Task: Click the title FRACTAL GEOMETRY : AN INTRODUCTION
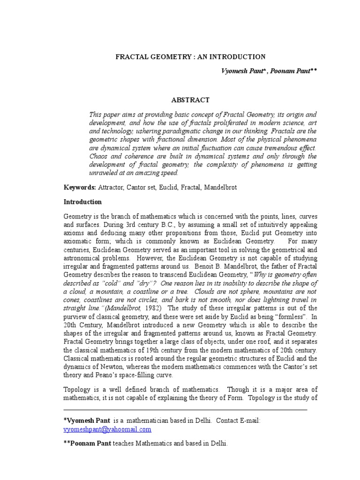(x=190, y=57)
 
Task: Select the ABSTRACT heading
(x=190, y=100)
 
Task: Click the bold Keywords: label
(x=80, y=187)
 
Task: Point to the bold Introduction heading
(x=82, y=202)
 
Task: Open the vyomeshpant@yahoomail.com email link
(x=107, y=429)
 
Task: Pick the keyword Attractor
(x=112, y=187)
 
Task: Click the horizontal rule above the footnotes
(x=185, y=410)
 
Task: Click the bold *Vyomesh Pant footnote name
(x=87, y=421)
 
